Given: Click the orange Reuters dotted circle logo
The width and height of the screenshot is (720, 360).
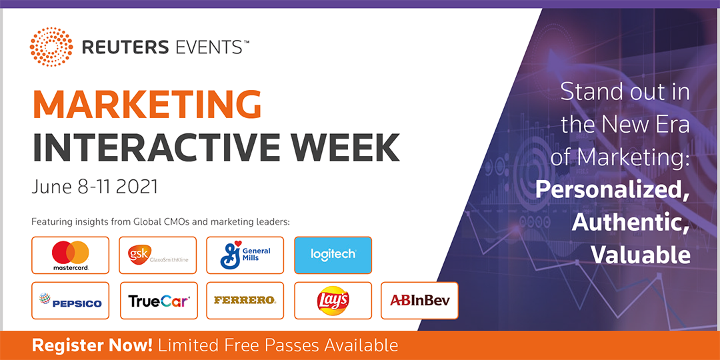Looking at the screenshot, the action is pyautogui.click(x=51, y=47).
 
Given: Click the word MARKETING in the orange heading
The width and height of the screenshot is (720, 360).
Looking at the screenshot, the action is pyautogui.click(x=147, y=105).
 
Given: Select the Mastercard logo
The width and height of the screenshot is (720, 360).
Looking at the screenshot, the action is pyautogui.click(x=70, y=255).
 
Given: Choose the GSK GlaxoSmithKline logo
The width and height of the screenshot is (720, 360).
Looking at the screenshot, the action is pyautogui.click(x=158, y=255).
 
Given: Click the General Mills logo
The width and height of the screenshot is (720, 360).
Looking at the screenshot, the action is pyautogui.click(x=245, y=255).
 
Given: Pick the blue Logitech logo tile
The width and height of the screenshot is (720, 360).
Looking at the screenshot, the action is pyautogui.click(x=333, y=255).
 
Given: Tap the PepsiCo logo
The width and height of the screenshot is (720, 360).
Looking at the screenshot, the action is pyautogui.click(x=70, y=301).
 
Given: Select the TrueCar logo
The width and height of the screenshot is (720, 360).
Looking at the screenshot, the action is pyautogui.click(x=159, y=301).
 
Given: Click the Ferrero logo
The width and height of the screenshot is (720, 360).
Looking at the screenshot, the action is pyautogui.click(x=245, y=300).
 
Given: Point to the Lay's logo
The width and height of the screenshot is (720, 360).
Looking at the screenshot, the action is pyautogui.click(x=333, y=301).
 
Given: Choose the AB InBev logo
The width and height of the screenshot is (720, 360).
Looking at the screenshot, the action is pyautogui.click(x=420, y=301).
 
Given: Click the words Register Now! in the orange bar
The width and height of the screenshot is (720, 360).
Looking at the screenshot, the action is pyautogui.click(x=95, y=345).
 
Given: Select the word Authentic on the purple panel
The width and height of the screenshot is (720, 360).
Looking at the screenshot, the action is pyautogui.click(x=631, y=222).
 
